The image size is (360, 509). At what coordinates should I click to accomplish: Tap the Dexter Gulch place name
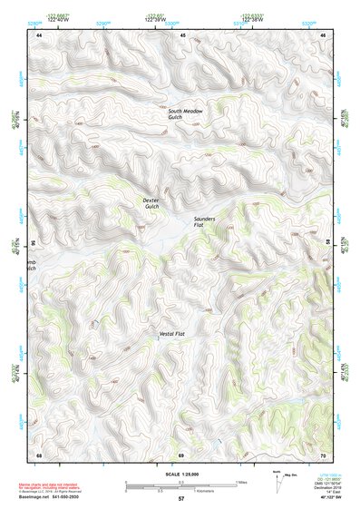(151, 203)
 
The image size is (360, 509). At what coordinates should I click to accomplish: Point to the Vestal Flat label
(172, 335)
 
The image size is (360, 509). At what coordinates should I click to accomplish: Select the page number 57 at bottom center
(180, 500)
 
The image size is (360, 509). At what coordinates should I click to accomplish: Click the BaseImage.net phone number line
(50, 497)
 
